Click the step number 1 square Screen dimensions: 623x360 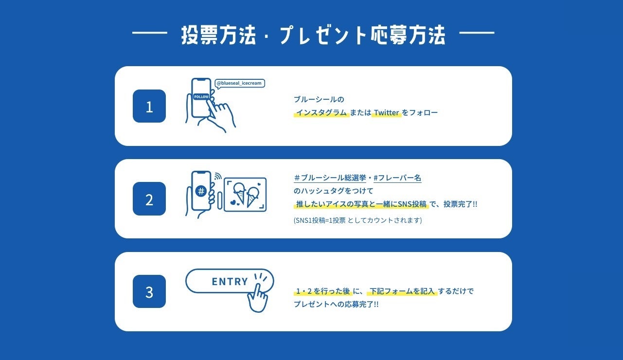149,106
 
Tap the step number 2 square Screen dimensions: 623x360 149,198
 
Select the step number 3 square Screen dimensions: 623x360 149,291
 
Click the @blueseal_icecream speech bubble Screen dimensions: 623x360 240,84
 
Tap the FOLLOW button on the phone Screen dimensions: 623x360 201,96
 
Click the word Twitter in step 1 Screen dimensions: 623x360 387,113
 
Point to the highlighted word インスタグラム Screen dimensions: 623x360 321,113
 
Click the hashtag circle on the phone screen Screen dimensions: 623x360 200,191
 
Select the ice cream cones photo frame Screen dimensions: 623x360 245,195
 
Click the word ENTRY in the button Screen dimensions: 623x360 230,282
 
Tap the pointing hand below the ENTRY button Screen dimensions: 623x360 257,298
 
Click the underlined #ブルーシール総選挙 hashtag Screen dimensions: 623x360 330,178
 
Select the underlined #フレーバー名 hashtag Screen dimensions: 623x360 397,178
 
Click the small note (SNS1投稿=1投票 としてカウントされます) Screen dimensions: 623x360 357,220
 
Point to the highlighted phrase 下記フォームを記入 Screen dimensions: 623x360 402,291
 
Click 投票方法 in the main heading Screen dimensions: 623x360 218,36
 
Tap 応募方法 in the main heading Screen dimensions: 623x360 408,36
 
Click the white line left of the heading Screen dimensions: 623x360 150,33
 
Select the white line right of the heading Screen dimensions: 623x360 477,33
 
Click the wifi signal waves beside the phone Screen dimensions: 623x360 218,176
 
